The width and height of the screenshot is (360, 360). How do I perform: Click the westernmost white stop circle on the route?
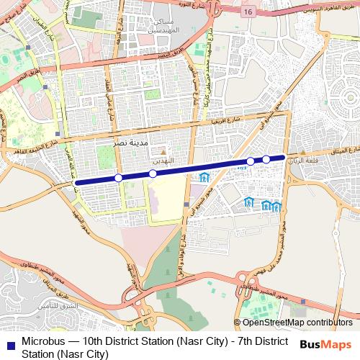coord(118,177)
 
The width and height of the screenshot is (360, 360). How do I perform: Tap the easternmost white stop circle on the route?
coord(266,159)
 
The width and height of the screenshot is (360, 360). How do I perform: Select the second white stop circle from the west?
coord(153,174)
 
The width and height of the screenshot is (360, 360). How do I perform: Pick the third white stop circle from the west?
coord(251,161)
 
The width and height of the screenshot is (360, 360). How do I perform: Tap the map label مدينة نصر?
coord(131,144)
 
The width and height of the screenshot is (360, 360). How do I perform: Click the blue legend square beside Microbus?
coord(11,342)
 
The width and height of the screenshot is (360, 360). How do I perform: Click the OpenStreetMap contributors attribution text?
coord(297,323)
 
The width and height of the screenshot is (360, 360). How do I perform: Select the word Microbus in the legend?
coord(44,341)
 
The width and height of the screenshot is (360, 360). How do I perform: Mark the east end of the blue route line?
coord(284,157)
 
